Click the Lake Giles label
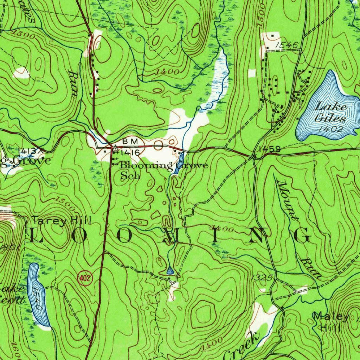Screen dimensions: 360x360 330,112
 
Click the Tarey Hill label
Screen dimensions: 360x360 62,221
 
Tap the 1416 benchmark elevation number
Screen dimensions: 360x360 130,153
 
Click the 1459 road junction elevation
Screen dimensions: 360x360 269,149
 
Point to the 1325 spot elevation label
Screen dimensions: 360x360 262,278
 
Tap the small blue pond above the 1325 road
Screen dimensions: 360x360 170,271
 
